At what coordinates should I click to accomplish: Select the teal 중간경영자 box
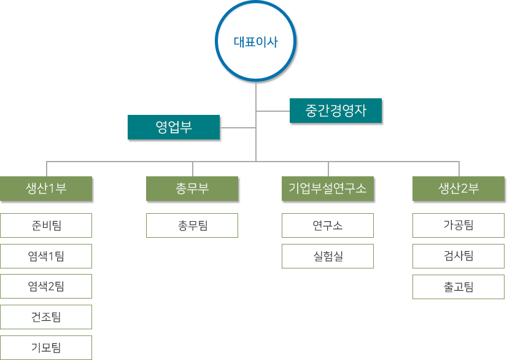(x=336, y=111)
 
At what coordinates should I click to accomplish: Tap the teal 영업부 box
(x=174, y=128)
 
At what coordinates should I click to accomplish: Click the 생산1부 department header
(x=46, y=189)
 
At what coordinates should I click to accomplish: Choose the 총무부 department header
(x=192, y=189)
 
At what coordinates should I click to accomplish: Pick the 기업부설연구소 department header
(x=327, y=189)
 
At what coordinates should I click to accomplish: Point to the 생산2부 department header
(x=459, y=189)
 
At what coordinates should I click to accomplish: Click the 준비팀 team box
(x=46, y=225)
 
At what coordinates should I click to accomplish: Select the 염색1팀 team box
(x=46, y=256)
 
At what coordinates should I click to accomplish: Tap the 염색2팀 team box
(x=46, y=286)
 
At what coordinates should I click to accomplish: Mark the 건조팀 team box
(x=46, y=317)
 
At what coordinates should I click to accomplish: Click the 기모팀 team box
(x=46, y=348)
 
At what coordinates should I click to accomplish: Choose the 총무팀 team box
(x=192, y=225)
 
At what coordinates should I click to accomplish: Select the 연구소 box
(x=327, y=225)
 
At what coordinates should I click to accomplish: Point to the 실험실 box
(x=327, y=256)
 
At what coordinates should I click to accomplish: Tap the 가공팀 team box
(x=459, y=225)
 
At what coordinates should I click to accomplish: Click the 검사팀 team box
(x=459, y=256)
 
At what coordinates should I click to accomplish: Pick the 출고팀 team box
(x=459, y=287)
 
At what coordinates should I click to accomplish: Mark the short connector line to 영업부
(x=239, y=128)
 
